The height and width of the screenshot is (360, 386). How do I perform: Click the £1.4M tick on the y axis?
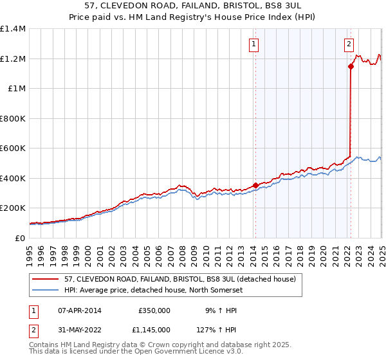(13, 30)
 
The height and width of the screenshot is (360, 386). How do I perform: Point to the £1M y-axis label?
(17, 89)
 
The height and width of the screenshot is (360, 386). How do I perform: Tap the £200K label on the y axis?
(13, 208)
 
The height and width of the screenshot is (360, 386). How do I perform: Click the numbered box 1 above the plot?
(254, 44)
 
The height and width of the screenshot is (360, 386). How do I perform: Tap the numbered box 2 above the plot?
(348, 44)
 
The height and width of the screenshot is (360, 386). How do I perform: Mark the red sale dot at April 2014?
(255, 186)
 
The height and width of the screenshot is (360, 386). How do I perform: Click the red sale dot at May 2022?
(351, 66)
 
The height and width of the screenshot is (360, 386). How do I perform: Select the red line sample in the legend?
(46, 279)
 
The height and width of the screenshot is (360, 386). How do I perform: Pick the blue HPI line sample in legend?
(46, 290)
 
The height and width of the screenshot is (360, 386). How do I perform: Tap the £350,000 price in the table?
(154, 310)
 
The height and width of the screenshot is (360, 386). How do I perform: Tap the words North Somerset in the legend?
(224, 290)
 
